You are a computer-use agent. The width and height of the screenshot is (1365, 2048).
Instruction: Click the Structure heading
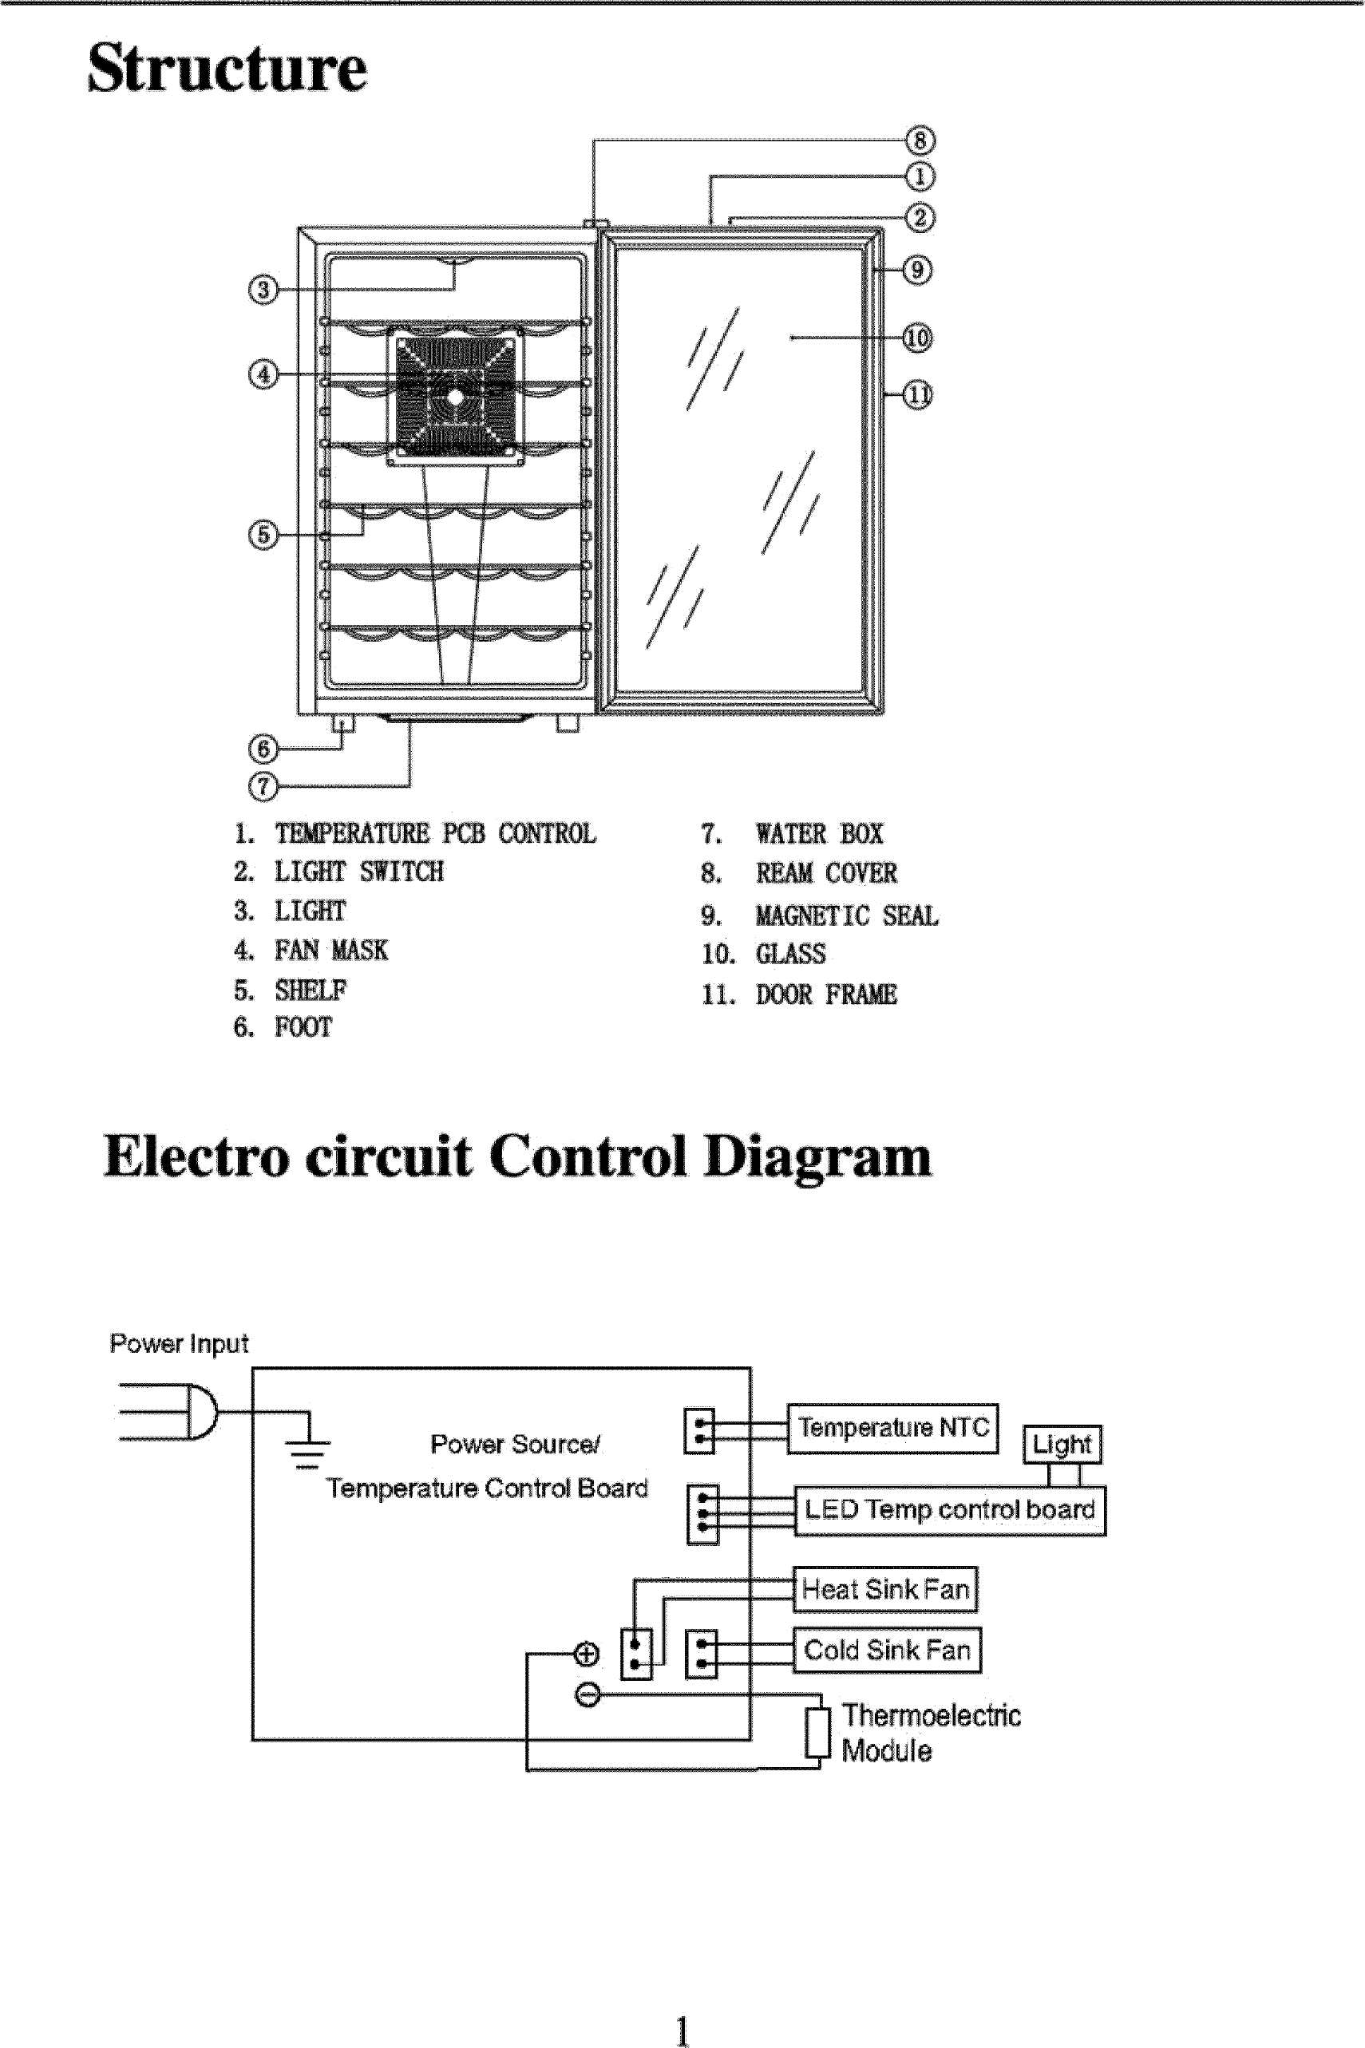click(227, 68)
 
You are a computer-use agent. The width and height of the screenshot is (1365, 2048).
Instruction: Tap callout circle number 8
click(920, 140)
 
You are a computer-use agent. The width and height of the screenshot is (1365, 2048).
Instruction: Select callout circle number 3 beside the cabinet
click(263, 289)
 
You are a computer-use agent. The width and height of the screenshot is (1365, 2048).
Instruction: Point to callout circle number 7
click(263, 786)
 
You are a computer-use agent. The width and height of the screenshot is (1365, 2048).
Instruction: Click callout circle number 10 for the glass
click(916, 338)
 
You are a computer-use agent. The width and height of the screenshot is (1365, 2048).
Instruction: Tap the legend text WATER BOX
click(818, 834)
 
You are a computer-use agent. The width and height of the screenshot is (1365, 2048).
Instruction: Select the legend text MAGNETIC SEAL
click(846, 915)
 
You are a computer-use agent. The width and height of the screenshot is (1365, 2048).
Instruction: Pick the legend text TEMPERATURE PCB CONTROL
click(435, 834)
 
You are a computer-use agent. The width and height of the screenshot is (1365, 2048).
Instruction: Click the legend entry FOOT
click(303, 1027)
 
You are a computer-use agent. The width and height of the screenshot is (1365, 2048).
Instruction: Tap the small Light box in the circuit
click(1061, 1445)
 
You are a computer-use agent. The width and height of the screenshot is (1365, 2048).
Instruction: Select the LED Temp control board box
click(949, 1510)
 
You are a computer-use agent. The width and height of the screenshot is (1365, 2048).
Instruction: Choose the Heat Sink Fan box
click(884, 1589)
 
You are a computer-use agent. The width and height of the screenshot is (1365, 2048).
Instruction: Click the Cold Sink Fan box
click(886, 1650)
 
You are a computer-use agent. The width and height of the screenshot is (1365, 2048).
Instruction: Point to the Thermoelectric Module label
click(929, 1732)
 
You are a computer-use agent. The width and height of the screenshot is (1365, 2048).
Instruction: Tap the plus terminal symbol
click(587, 1654)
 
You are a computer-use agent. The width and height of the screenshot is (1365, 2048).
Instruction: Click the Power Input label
click(179, 1344)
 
